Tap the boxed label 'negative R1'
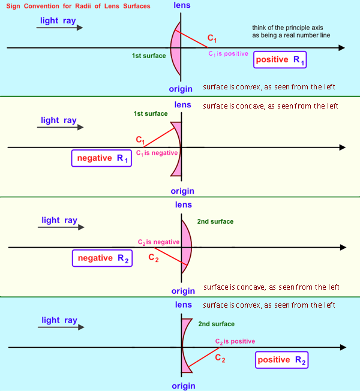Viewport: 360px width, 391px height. click(x=101, y=158)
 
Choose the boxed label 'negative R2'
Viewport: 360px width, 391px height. click(x=101, y=258)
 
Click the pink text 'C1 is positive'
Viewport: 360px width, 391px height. click(x=228, y=53)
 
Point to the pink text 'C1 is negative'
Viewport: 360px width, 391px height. click(x=157, y=153)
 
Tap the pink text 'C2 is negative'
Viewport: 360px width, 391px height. click(x=158, y=242)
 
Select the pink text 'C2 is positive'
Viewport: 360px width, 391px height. click(x=235, y=341)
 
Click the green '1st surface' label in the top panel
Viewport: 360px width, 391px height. click(x=149, y=56)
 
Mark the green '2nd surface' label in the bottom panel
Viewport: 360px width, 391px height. click(x=215, y=323)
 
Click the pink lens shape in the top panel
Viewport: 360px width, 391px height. click(x=176, y=49)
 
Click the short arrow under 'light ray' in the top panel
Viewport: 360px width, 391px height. click(x=59, y=28)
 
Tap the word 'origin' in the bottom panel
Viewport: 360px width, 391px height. click(x=183, y=386)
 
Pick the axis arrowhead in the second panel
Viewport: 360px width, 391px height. click(x=343, y=148)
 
